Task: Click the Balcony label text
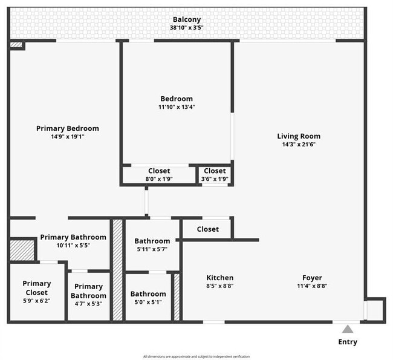[x=186, y=19]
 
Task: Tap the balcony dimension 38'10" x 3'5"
[x=186, y=28]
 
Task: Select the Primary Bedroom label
[x=68, y=128]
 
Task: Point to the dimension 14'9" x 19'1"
[x=68, y=137]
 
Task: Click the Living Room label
[x=299, y=136]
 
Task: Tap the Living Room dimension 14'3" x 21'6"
[x=299, y=145]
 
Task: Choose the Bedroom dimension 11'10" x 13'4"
[x=177, y=107]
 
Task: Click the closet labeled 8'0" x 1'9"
[x=159, y=175]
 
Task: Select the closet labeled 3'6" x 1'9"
[x=215, y=175]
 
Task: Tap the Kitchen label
[x=219, y=278]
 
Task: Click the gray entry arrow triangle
[x=348, y=329]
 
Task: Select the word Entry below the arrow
[x=348, y=342]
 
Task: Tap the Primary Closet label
[x=37, y=287]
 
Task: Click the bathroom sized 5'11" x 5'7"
[x=152, y=244]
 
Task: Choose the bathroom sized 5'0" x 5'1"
[x=148, y=298]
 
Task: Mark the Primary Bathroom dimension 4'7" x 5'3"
[x=89, y=304]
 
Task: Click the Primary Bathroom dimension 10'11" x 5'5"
[x=73, y=246]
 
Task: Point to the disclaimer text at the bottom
[x=196, y=356]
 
